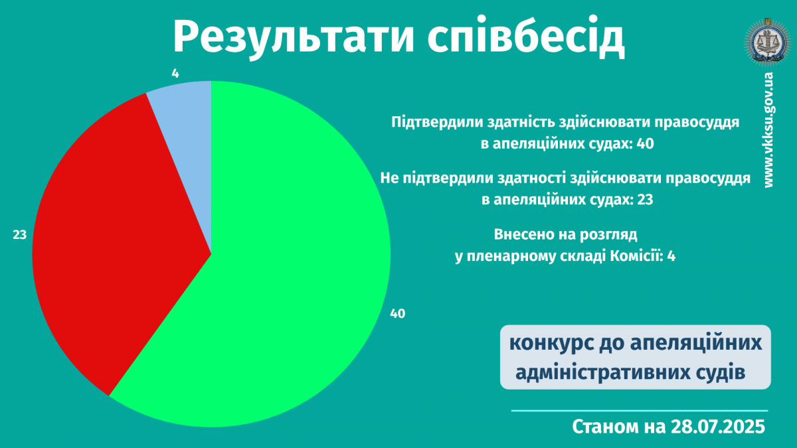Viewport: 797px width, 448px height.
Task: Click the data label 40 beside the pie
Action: (x=397, y=313)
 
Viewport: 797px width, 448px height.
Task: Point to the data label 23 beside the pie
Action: (x=19, y=235)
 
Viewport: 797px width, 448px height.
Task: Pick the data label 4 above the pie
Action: (x=175, y=74)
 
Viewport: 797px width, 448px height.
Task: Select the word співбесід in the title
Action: (x=526, y=37)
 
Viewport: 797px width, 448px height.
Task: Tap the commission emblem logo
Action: (x=768, y=42)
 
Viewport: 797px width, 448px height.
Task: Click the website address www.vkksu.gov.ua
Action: (x=769, y=130)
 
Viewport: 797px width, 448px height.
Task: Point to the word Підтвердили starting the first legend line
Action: (x=437, y=122)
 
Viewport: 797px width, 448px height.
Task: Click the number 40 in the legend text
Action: (x=645, y=144)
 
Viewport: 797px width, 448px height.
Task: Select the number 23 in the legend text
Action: (x=645, y=200)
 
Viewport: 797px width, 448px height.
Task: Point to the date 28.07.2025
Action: (x=718, y=427)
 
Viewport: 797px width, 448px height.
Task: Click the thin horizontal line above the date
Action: (x=640, y=411)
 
